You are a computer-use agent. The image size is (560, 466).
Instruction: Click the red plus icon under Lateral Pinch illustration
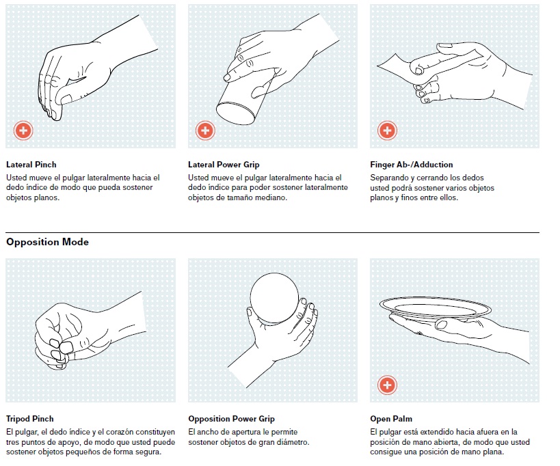23,131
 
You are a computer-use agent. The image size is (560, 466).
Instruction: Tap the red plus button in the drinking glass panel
205,131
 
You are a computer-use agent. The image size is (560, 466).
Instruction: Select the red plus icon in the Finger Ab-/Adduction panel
387,131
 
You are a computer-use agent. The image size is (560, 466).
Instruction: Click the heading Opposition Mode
47,242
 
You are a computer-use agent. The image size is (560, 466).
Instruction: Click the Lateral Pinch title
31,165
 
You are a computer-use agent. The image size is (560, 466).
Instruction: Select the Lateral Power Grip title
224,165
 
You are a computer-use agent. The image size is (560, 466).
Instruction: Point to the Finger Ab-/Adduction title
412,165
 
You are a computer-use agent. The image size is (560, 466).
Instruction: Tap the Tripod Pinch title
30,419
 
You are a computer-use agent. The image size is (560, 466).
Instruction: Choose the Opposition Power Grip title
231,419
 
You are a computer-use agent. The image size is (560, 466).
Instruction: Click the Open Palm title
391,419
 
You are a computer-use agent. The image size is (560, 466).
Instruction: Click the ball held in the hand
274,299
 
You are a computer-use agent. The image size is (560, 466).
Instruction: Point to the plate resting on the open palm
435,309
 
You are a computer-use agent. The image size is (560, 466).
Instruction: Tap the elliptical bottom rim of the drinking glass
235,113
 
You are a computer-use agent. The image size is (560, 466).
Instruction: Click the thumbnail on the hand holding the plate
442,325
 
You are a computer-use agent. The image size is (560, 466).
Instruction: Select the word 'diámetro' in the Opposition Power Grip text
293,443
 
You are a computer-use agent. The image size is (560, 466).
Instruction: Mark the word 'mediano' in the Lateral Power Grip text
274,197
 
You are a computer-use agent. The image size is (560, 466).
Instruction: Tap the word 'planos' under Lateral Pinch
46,198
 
